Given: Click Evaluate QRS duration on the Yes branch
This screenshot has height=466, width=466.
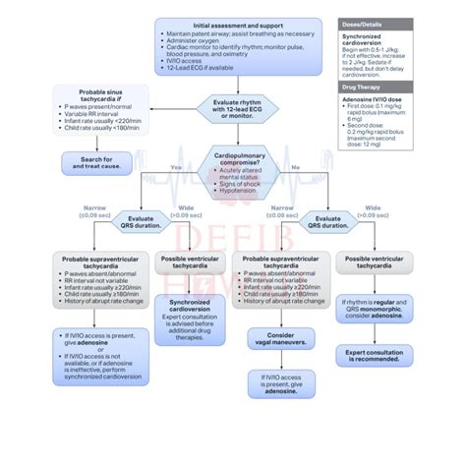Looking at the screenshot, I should (x=140, y=223).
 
